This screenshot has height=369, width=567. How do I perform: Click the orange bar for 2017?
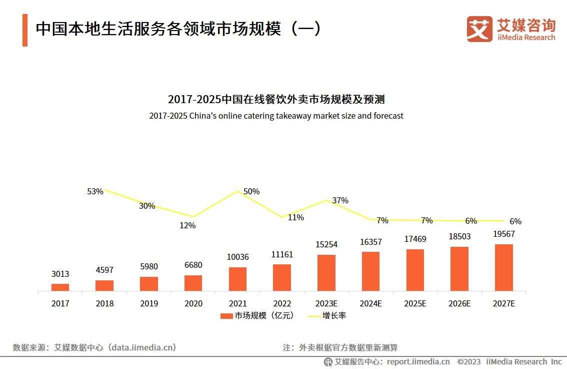60,287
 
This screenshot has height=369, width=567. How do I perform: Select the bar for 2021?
237,279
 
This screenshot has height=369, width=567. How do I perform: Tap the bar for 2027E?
503,267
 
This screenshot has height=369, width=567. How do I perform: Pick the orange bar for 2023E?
326,272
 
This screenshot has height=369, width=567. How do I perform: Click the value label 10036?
237,257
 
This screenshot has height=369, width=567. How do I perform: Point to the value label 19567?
503,234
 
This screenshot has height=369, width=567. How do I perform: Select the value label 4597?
104,270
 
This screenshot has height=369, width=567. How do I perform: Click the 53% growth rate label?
95,191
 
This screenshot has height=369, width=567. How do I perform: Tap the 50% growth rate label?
251,191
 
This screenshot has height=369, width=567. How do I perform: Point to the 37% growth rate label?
340,200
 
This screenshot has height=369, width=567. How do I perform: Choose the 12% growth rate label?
187,225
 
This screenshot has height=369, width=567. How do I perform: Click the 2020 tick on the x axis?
193,303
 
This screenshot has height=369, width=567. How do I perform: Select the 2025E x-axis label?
415,303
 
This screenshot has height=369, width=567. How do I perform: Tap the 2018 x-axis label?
104,303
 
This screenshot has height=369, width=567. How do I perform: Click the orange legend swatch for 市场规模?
226,316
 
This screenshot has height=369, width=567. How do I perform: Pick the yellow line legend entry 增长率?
327,316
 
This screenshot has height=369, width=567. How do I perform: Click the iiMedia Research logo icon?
479,29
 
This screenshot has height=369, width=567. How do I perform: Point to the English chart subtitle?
276,116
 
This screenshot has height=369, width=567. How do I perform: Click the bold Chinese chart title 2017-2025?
276,99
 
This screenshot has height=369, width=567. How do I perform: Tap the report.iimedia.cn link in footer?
418,361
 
